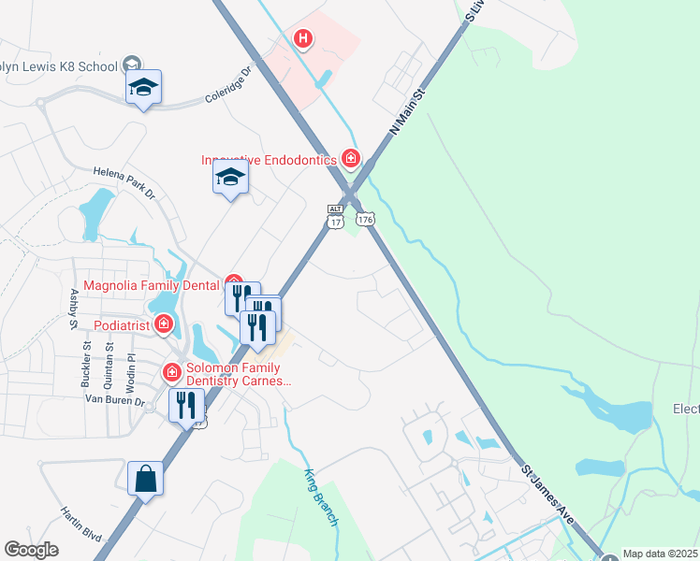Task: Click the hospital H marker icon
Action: (303, 39)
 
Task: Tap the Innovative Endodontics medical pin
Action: (351, 159)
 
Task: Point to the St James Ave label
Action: (547, 492)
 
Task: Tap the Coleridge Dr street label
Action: (228, 84)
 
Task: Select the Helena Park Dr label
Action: (124, 182)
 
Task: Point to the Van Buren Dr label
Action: (115, 400)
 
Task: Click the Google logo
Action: (32, 550)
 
